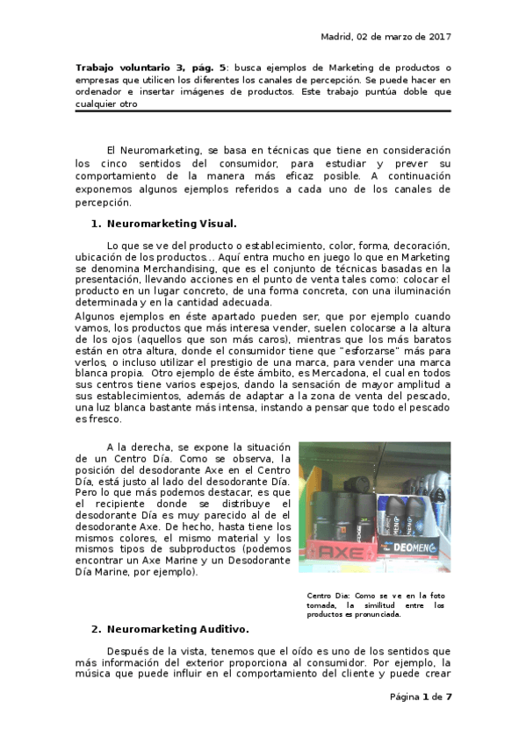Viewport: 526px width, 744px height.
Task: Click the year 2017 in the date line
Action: pyautogui.click(x=439, y=37)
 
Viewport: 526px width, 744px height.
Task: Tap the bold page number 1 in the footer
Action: pyautogui.click(x=425, y=697)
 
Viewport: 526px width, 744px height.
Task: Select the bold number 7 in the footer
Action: pyautogui.click(x=449, y=697)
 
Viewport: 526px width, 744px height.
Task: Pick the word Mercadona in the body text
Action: pyautogui.click(x=335, y=371)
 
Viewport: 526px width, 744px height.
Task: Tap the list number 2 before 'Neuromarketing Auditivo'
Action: pyautogui.click(x=95, y=629)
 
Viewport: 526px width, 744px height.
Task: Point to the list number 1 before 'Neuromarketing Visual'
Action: pyautogui.click(x=95, y=223)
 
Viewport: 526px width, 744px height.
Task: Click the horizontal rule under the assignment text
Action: pyautogui.click(x=263, y=111)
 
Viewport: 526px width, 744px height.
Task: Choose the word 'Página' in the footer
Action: pyautogui.click(x=404, y=697)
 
